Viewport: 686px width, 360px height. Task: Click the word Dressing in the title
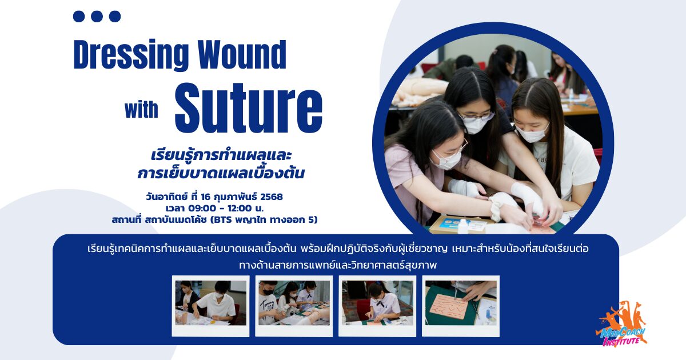pyautogui.click(x=131, y=54)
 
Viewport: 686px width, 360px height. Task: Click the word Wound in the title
pyautogui.click(x=242, y=54)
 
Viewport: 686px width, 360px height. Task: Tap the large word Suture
pyautogui.click(x=249, y=108)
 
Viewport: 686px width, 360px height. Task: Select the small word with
pyautogui.click(x=141, y=110)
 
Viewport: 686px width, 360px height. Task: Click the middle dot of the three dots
pyautogui.click(x=97, y=17)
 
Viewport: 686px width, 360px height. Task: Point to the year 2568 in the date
pyautogui.click(x=272, y=197)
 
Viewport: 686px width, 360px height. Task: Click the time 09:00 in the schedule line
pyautogui.click(x=202, y=208)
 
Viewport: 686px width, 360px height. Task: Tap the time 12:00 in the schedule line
pyautogui.click(x=240, y=208)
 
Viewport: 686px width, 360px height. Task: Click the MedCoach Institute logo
pyautogui.click(x=622, y=325)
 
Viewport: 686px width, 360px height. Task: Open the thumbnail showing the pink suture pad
pyautogui.click(x=461, y=306)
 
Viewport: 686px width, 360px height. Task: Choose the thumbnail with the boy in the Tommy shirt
pyautogui.click(x=294, y=306)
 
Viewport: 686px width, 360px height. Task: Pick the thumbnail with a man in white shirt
pyautogui.click(x=211, y=306)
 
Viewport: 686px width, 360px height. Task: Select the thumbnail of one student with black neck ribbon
pyautogui.click(x=377, y=306)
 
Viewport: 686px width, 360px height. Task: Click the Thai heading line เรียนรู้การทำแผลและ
pyautogui.click(x=221, y=155)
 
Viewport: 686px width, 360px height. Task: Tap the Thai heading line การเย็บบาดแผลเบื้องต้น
pyautogui.click(x=221, y=173)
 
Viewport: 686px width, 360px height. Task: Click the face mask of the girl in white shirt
pyautogui.click(x=532, y=133)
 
